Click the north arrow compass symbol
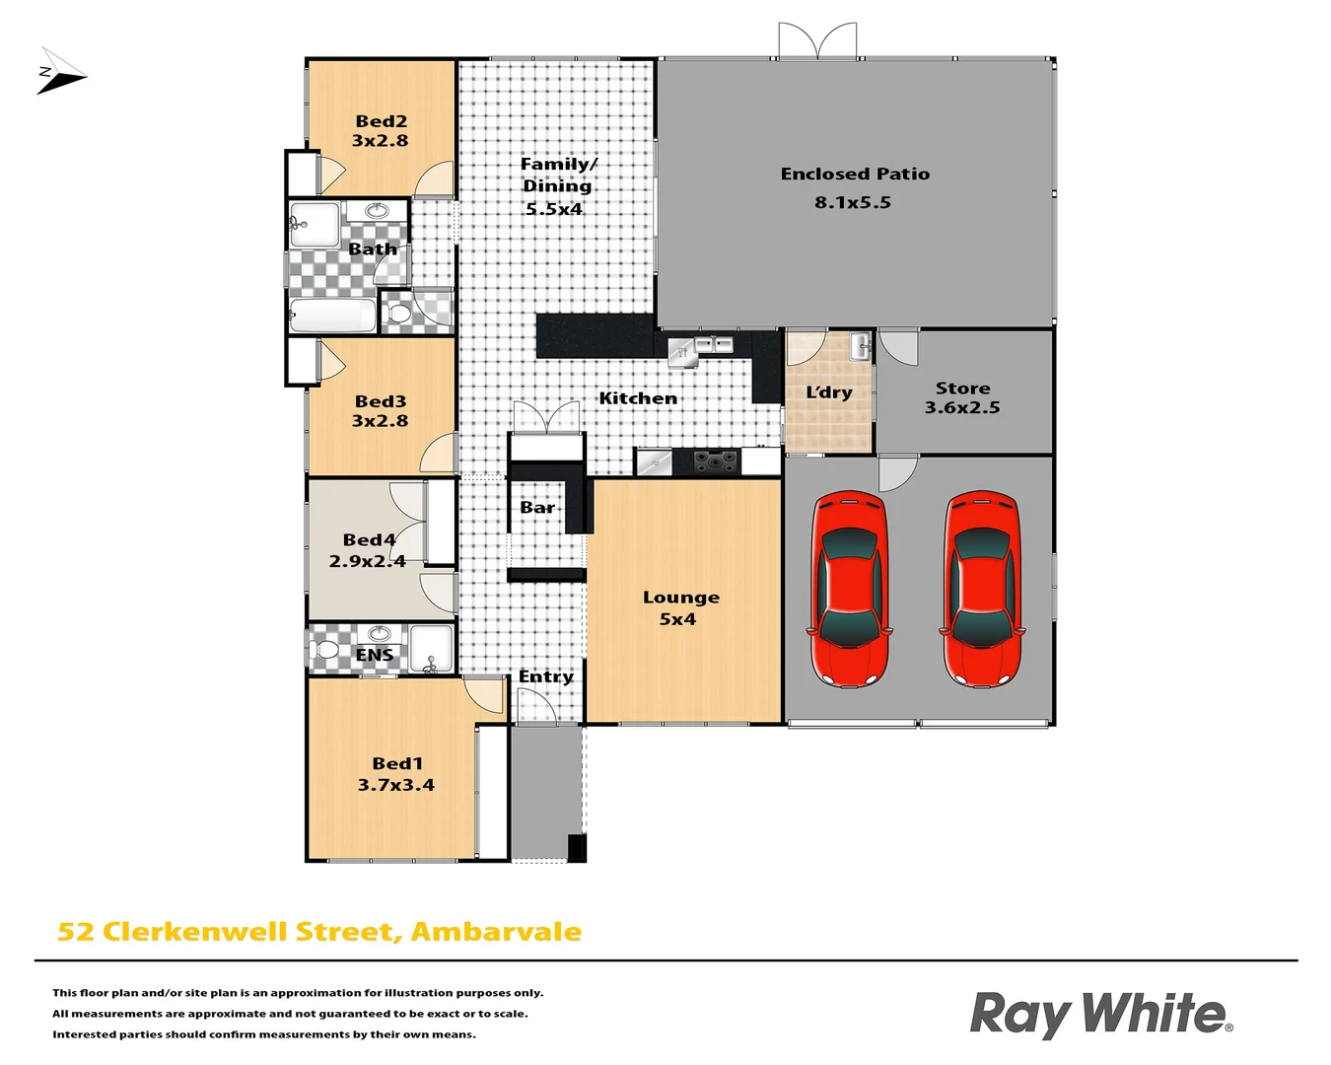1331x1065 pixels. click(x=60, y=73)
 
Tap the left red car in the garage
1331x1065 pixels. click(x=849, y=589)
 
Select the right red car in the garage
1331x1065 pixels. click(x=981, y=589)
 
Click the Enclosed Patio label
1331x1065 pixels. click(x=855, y=175)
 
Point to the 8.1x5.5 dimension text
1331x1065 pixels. click(x=853, y=203)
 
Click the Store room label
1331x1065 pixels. click(x=962, y=389)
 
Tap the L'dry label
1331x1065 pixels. click(x=829, y=392)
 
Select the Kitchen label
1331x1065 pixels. click(x=638, y=398)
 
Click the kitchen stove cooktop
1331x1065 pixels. click(x=716, y=461)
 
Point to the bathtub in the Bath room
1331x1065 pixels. click(x=332, y=316)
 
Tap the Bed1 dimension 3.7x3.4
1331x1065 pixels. click(x=395, y=785)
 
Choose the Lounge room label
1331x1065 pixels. click(x=680, y=598)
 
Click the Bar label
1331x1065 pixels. click(x=537, y=508)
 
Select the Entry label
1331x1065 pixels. click(x=545, y=676)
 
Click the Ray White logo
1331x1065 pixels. click(x=1100, y=1014)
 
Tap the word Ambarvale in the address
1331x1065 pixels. click(x=496, y=932)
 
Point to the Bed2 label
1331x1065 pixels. click(x=381, y=121)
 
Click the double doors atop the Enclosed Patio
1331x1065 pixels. click(x=817, y=41)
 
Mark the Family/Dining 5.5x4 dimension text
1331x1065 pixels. click(x=553, y=209)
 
